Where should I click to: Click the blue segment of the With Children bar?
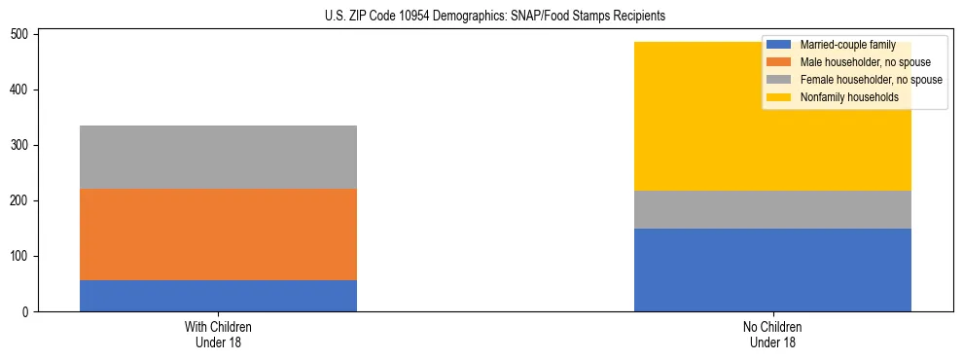click(218, 296)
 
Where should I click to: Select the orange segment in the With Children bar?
click(218, 234)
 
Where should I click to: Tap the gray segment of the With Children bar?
click(218, 157)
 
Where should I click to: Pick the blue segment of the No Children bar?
click(772, 270)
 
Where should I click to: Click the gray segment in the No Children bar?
click(772, 209)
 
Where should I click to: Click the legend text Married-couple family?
click(847, 45)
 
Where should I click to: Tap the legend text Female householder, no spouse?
click(871, 80)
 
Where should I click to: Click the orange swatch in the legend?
click(780, 62)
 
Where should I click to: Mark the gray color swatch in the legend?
click(780, 80)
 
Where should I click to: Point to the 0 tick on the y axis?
click(30, 312)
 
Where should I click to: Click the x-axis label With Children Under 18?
click(218, 335)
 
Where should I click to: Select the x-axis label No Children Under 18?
click(772, 335)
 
